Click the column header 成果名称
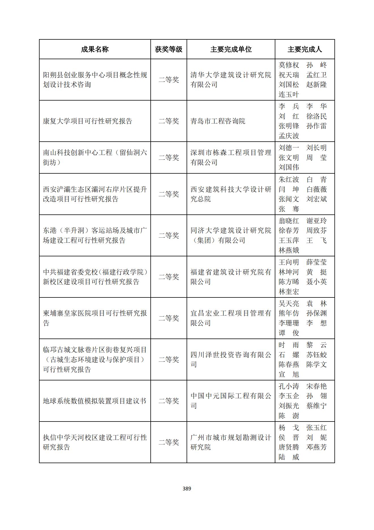[95, 49]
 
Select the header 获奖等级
[168, 49]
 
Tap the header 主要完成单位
[231, 49]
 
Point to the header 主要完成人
[304, 49]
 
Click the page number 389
[187, 488]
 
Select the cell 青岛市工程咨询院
[218, 121]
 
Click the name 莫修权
[289, 65]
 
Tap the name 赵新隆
[316, 85]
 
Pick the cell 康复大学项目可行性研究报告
[87, 121]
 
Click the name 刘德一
[289, 148]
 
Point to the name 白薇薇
[316, 189]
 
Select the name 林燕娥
[289, 250]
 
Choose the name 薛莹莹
[316, 262]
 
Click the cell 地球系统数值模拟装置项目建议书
[94, 401]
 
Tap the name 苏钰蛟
[316, 355]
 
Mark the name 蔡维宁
[316, 406]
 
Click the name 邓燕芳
[316, 447]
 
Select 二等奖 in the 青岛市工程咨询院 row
[168, 121]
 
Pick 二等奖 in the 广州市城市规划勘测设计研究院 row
[168, 442]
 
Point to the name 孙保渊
[316, 313]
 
